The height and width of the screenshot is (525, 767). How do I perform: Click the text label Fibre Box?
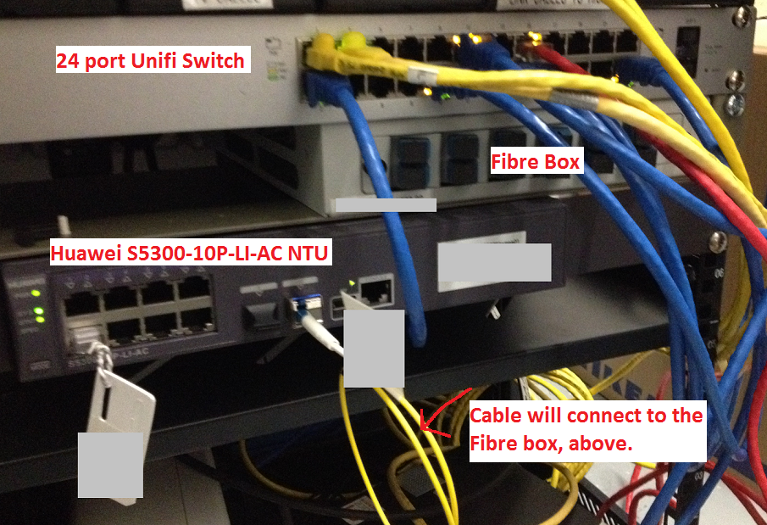tap(536, 161)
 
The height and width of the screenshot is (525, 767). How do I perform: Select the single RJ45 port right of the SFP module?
tap(375, 291)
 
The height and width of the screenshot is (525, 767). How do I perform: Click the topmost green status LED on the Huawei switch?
tap(35, 293)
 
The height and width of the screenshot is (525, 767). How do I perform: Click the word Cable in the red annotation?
tap(497, 416)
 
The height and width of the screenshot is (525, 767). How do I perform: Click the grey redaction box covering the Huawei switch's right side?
tap(494, 262)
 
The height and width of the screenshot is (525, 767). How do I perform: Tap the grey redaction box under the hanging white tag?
tap(110, 464)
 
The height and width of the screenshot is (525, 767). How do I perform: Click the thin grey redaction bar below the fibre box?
tap(386, 204)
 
